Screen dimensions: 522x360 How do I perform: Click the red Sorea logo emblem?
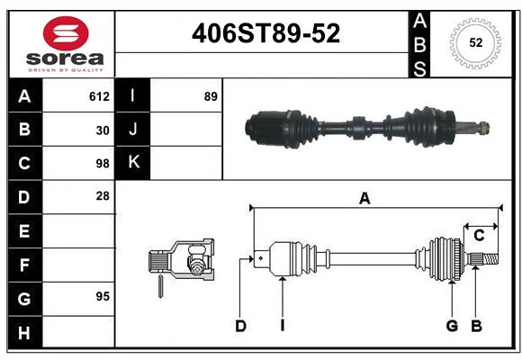click(66, 33)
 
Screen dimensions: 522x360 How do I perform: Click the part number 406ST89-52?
click(266, 33)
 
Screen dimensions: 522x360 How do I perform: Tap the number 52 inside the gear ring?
click(476, 43)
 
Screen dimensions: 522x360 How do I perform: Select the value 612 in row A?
click(99, 96)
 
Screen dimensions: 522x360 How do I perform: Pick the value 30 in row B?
click(103, 130)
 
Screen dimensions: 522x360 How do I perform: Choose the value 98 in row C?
click(103, 164)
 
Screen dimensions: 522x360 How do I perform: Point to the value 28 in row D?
click(103, 196)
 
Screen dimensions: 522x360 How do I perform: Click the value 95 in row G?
click(103, 296)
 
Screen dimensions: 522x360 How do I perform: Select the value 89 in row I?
click(211, 96)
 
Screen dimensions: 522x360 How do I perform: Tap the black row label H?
click(25, 332)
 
